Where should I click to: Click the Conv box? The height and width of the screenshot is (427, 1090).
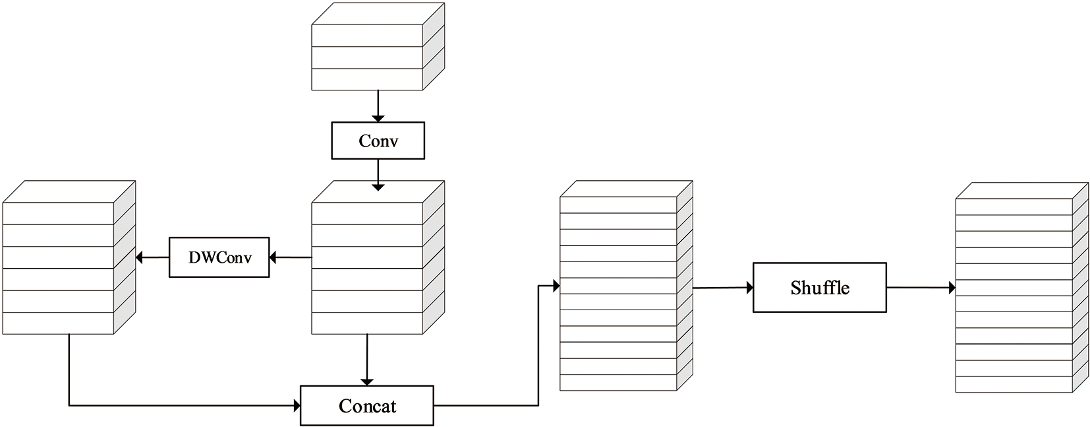pos(378,141)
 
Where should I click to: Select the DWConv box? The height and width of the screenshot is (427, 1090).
pos(219,257)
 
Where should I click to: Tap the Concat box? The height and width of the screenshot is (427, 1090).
pos(367,405)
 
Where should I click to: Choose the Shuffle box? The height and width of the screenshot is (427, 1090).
pos(820,288)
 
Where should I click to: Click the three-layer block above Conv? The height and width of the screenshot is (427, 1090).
pos(377,48)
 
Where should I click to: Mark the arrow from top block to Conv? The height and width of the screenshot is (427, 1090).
pos(378,106)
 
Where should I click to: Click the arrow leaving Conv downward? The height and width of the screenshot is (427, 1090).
pos(378,174)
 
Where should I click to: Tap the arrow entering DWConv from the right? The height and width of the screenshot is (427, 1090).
pos(290,257)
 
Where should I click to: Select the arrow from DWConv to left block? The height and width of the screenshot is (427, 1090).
pos(152,257)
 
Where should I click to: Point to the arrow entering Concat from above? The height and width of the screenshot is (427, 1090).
pos(367,360)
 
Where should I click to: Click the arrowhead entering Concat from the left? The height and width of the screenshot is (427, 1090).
pos(296,405)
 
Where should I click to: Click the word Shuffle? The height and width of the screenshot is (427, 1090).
pos(820,288)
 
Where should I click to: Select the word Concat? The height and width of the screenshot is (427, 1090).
pos(367,406)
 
